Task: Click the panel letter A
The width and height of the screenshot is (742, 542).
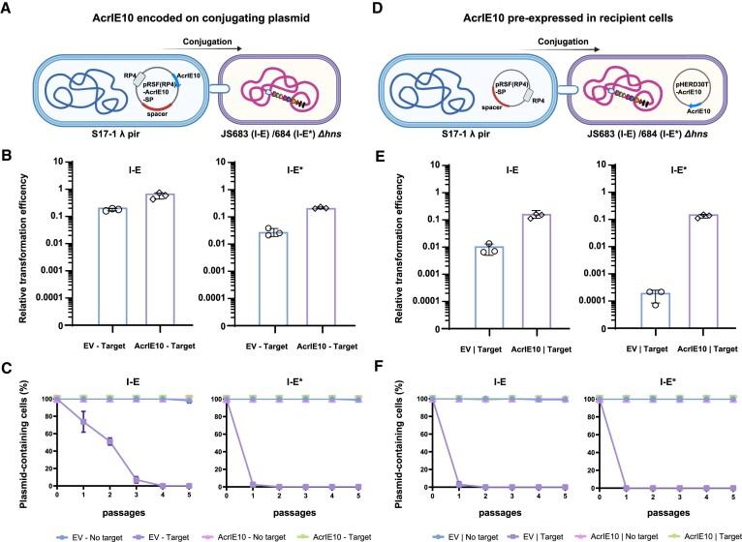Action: point(8,9)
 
